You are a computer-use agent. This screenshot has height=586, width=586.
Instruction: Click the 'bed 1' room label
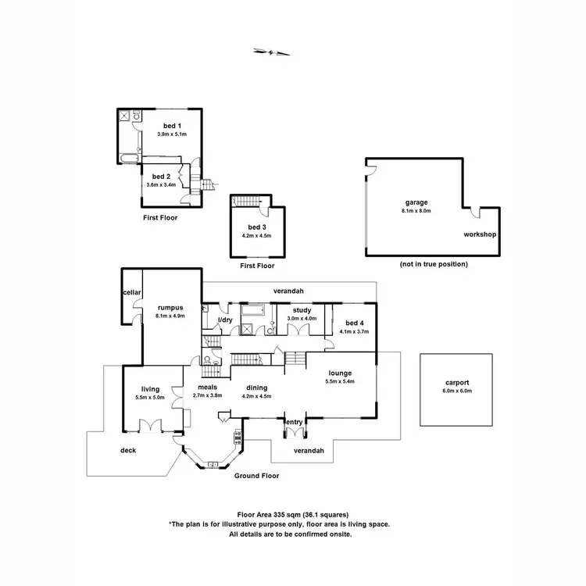171,125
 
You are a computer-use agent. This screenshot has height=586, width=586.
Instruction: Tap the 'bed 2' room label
161,177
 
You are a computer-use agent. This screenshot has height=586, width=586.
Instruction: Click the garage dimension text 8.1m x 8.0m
416,211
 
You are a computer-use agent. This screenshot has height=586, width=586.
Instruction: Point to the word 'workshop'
481,234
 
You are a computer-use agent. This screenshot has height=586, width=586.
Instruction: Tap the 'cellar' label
130,292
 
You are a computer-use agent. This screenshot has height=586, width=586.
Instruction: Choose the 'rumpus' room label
170,308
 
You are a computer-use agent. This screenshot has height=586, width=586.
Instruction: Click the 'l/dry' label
225,320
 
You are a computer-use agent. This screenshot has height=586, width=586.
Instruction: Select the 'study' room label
302,310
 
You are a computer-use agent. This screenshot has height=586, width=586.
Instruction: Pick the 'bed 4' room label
355,323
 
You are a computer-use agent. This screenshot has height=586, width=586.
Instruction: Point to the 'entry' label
295,422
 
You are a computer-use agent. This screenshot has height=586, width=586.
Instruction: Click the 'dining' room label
258,387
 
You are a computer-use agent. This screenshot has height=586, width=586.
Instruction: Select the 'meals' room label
207,387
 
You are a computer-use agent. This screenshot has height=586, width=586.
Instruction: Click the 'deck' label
128,450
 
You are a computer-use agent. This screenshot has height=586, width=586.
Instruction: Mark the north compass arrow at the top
272,52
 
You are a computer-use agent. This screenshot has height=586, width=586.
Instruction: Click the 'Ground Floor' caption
256,475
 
